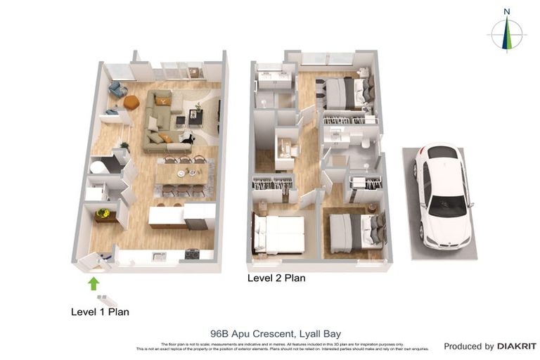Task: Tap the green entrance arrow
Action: [x=93, y=283]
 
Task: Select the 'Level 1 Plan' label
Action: [x=100, y=311]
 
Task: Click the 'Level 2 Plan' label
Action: [x=276, y=278]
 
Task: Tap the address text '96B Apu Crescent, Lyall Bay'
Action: [x=269, y=334]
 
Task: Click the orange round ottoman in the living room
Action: [x=131, y=103]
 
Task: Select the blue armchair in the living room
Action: [x=117, y=89]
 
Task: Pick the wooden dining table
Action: [x=181, y=173]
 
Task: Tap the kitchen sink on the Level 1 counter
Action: [x=159, y=256]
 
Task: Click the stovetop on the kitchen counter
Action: [x=191, y=255]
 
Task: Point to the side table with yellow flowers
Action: [x=104, y=214]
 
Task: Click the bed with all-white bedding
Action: [x=279, y=234]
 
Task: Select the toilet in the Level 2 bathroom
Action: [x=366, y=143]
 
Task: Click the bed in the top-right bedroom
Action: [x=346, y=93]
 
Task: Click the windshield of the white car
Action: [x=447, y=205]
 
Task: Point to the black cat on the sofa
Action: [x=187, y=139]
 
